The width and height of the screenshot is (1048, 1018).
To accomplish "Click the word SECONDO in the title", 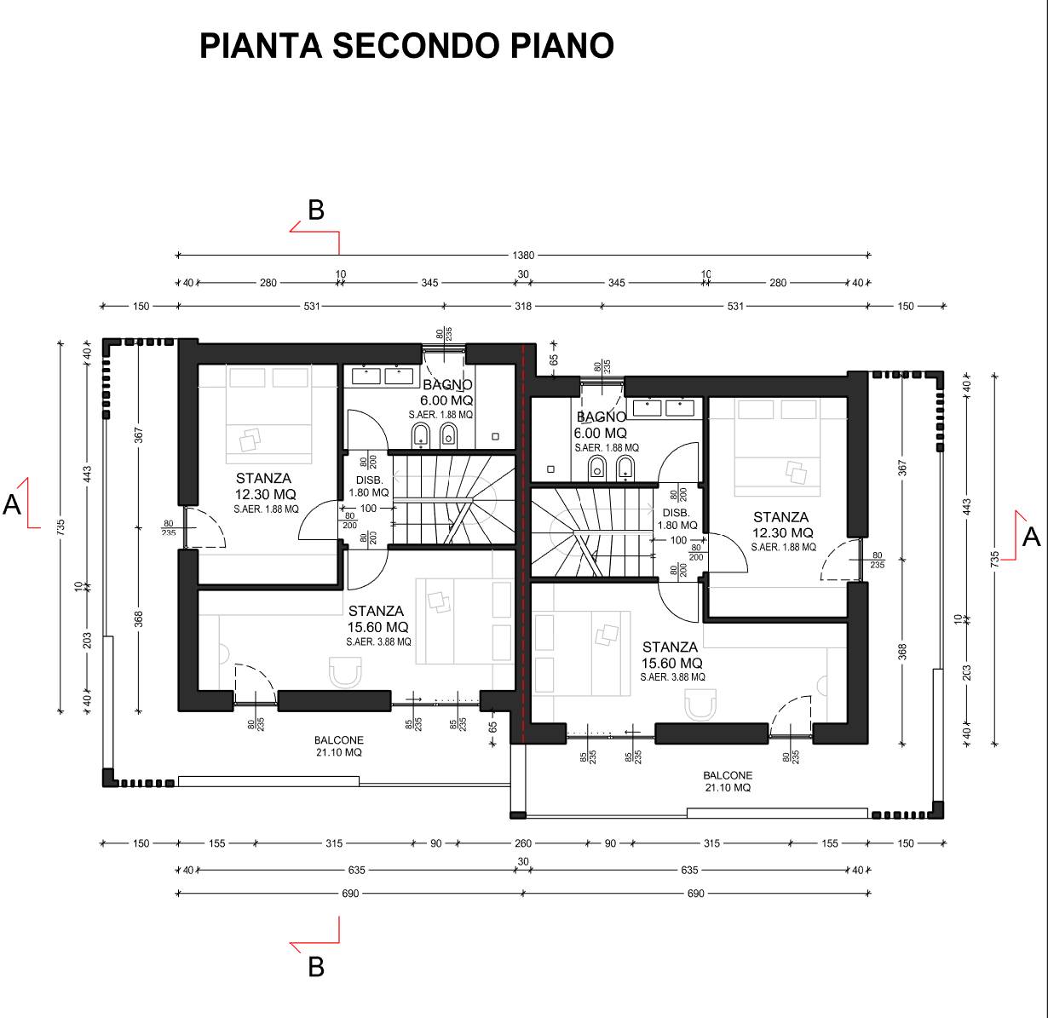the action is (417, 46).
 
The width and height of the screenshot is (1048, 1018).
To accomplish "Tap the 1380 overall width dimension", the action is (523, 256).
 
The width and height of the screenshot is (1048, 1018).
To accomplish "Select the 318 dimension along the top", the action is (523, 307).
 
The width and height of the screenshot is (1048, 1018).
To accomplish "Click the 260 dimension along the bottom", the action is (523, 843).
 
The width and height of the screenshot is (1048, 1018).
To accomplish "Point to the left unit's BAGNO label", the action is (447, 384).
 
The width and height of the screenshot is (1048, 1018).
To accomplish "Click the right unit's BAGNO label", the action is (601, 417).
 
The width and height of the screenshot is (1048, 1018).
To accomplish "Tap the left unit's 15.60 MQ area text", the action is (377, 627).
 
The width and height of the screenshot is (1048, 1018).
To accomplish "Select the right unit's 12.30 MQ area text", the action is (782, 533).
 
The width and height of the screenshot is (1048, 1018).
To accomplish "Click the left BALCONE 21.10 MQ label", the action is (339, 746).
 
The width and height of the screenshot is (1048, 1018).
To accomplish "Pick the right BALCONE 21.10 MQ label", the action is (728, 781).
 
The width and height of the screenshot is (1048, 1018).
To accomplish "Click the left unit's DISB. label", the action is (370, 480).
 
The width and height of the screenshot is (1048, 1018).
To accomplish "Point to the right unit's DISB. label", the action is (676, 513).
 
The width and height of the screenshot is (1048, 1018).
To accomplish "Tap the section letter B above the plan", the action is (316, 210).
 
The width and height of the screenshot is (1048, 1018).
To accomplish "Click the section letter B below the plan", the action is (316, 968).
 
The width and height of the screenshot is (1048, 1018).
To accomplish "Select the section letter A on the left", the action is (12, 505).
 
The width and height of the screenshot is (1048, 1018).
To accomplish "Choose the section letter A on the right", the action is (1031, 537).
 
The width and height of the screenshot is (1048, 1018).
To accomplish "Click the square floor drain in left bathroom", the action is (496, 437).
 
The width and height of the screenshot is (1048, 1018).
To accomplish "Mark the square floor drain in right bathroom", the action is (550, 469).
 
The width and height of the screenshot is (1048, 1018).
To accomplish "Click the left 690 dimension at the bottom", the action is (350, 894).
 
